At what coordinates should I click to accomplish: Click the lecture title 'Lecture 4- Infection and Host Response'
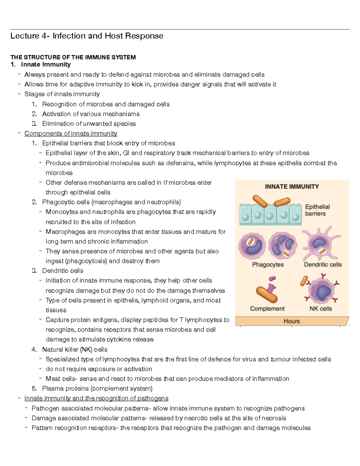pos(87,36)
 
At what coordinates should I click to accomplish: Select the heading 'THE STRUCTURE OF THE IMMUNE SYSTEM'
pos(73,57)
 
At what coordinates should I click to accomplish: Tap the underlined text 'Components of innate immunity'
pos(71,133)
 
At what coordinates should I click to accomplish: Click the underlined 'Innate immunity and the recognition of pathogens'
pos(96,398)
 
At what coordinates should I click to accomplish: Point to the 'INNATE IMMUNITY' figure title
pos(292,187)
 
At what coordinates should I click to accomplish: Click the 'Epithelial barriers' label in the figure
pos(317,210)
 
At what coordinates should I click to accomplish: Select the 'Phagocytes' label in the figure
pos(268,265)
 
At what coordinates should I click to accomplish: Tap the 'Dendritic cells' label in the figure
pos(323,265)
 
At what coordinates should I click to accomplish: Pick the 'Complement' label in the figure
pos(267,308)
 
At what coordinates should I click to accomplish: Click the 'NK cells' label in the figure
pos(321,308)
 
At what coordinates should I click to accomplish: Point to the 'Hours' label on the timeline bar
pos(292,321)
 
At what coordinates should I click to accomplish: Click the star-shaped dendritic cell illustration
pos(320,244)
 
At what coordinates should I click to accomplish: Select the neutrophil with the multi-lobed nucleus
pos(283,246)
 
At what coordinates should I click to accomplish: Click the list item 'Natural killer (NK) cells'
pos(75,349)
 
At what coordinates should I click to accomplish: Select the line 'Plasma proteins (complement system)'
pos(97,388)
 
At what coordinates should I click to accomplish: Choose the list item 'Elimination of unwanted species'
pos(89,124)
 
